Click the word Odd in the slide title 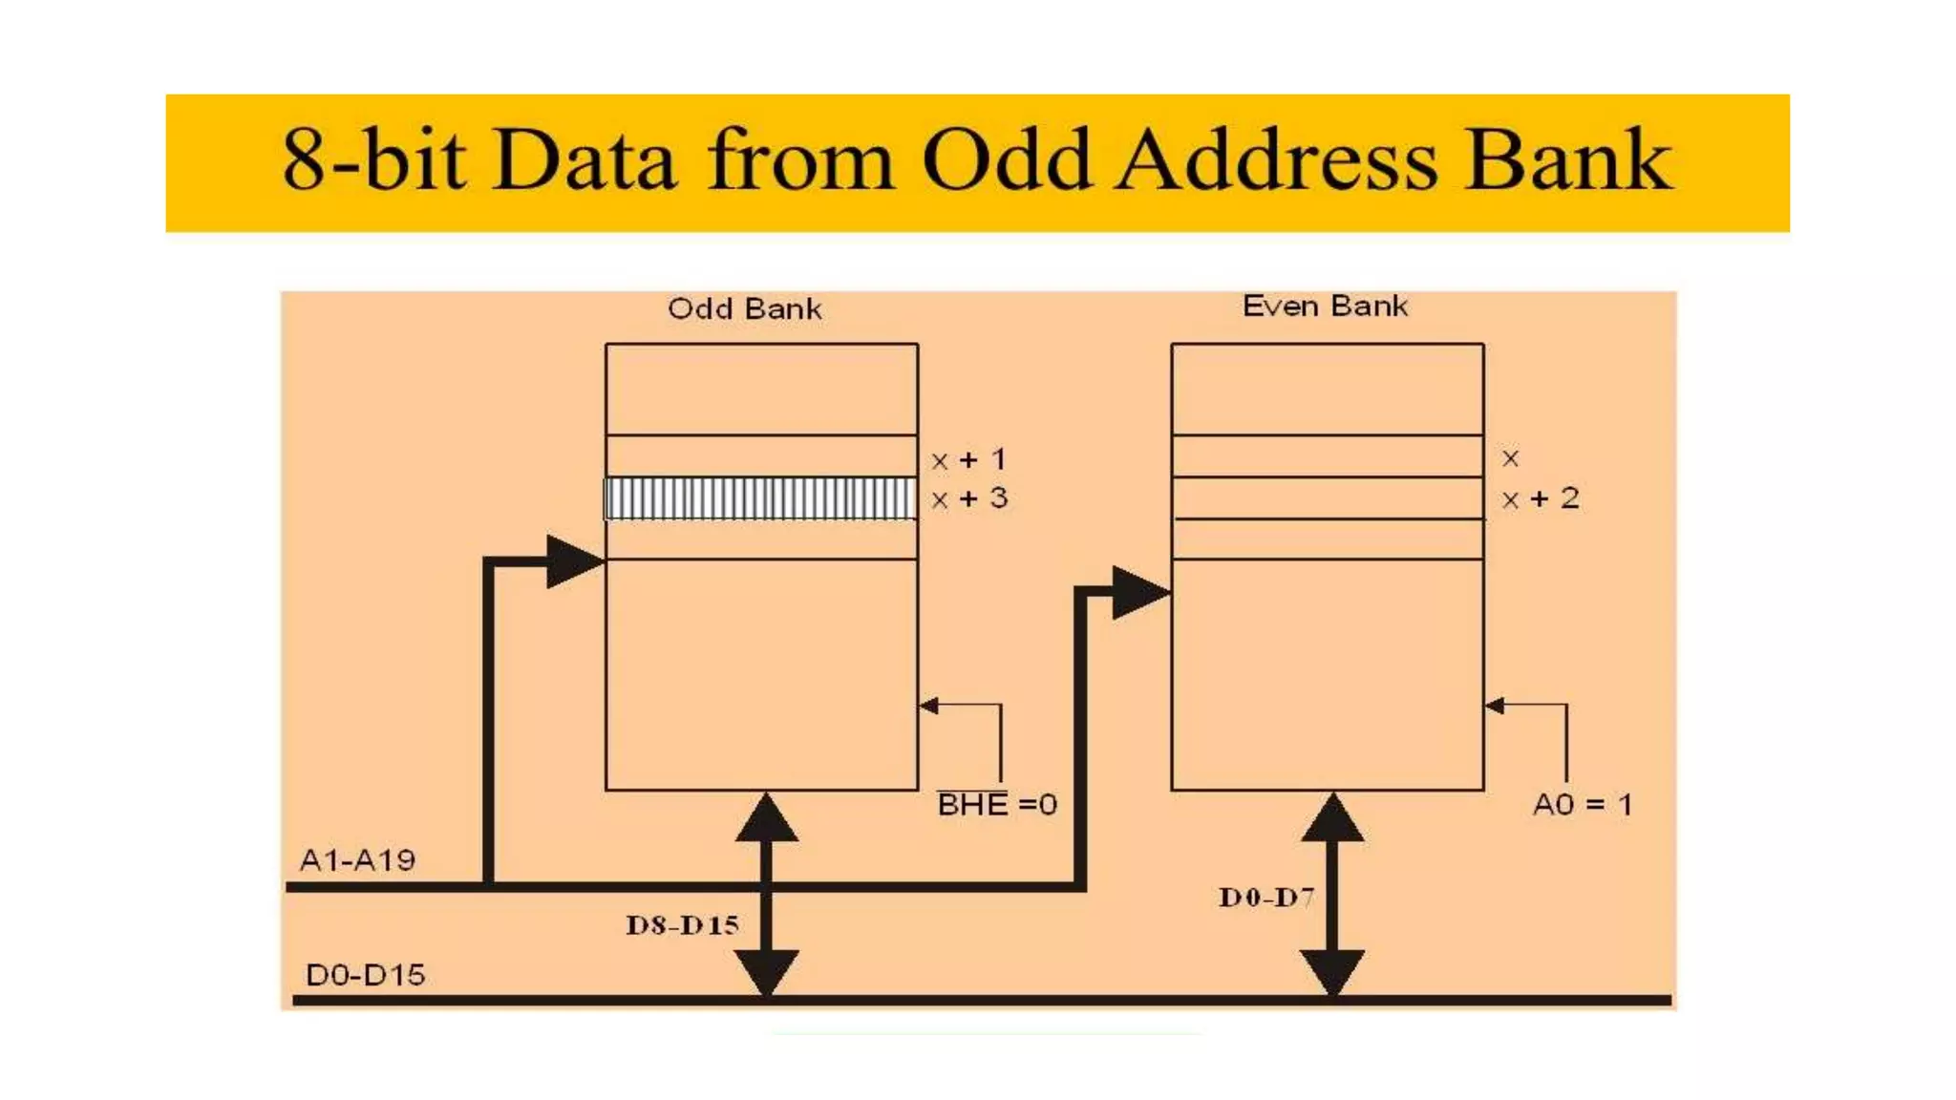pos(1007,160)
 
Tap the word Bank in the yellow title pos(1568,160)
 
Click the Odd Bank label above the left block pos(744,308)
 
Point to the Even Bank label pos(1325,306)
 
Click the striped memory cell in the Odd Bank pos(761,498)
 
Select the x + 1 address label pos(969,460)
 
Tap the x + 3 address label pos(969,498)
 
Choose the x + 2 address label pos(1541,498)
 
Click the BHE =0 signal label pos(997,804)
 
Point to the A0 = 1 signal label pos(1582,804)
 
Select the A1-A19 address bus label pos(357,860)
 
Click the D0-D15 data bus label pos(365,975)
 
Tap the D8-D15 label pos(682,924)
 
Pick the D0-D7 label pos(1266,897)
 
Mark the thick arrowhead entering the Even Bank pos(1138,592)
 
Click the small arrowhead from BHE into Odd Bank pos(928,706)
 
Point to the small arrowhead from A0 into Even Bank pos(1495,706)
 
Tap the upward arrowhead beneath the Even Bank pos(1332,819)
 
